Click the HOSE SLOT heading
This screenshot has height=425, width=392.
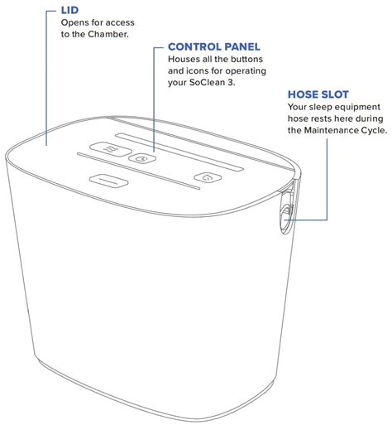point(317,94)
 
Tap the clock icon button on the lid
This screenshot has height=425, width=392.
point(142,158)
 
